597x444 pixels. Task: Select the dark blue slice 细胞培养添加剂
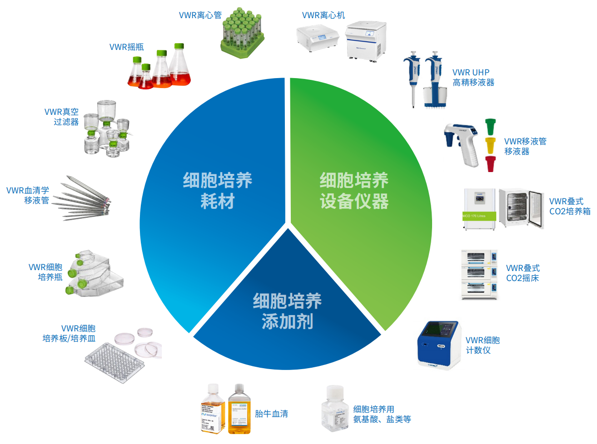287,313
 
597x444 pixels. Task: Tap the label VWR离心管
200,15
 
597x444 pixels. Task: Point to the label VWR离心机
323,15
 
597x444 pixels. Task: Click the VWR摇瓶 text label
126,47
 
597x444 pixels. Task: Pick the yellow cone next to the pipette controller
490,145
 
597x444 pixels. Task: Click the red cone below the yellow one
490,163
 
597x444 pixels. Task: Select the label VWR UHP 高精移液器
473,78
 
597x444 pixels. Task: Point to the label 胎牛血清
271,414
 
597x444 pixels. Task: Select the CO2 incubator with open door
521,208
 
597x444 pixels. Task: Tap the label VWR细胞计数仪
482,345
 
